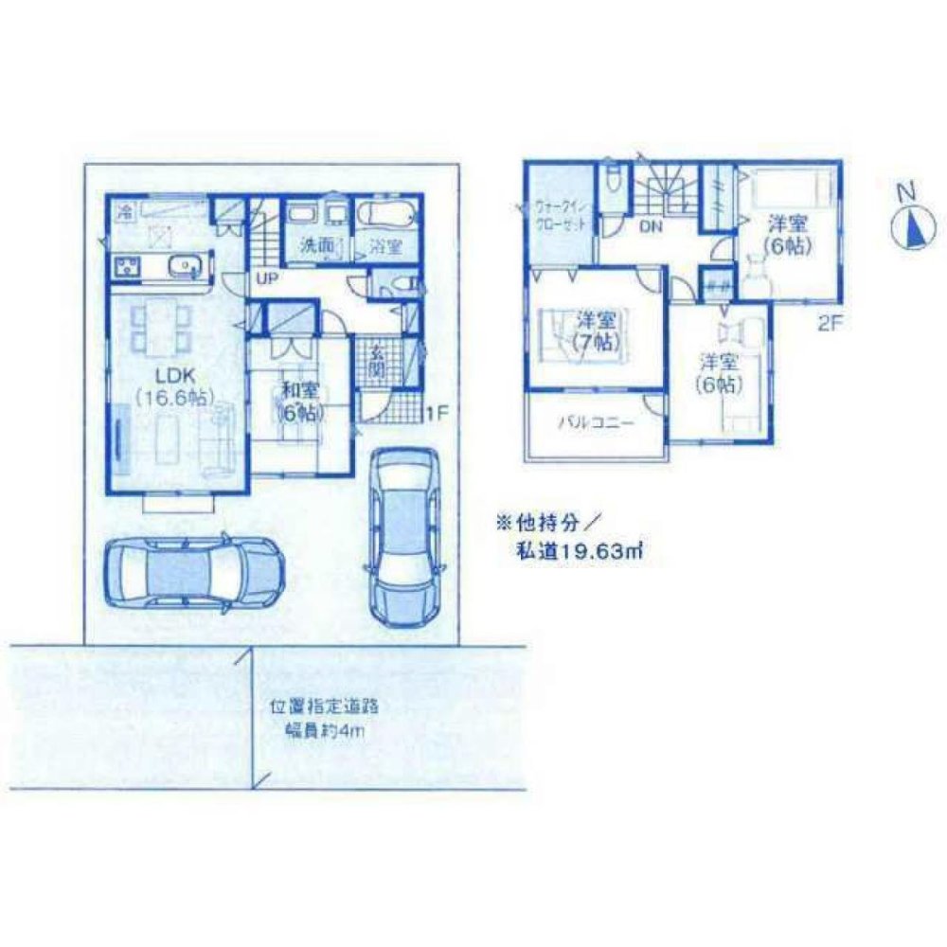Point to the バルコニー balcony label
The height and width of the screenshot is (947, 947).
(x=594, y=424)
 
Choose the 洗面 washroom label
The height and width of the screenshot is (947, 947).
(x=315, y=244)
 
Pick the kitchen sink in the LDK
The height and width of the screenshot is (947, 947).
(x=180, y=266)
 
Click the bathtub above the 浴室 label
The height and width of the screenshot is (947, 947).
(x=386, y=214)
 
